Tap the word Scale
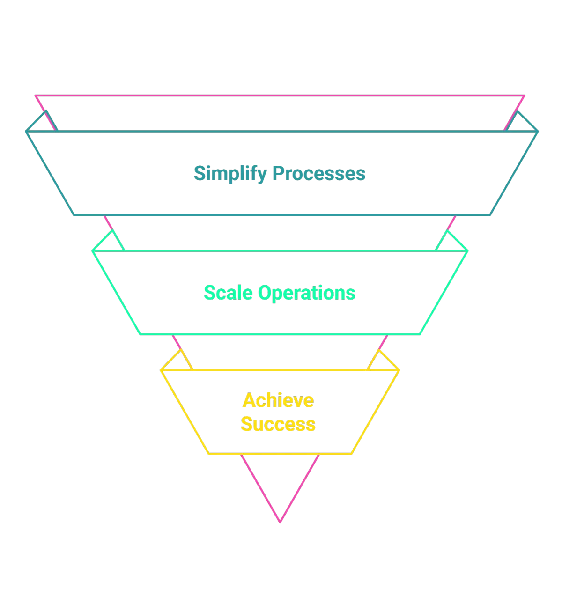[x=229, y=293]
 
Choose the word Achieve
[x=278, y=400]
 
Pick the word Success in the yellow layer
[x=278, y=424]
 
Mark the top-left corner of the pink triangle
[x=36, y=96]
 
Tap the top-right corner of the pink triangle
[x=524, y=96]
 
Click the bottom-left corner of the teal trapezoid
[x=74, y=215]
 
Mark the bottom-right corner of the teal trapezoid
[x=489, y=215]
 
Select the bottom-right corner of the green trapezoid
[x=420, y=334]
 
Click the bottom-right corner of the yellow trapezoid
[x=352, y=453]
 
